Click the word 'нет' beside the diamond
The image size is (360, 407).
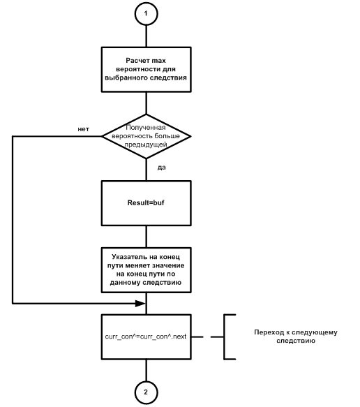click(x=83, y=129)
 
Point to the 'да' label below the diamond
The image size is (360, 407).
click(x=161, y=168)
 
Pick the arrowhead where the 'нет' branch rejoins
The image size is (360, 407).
click(x=140, y=303)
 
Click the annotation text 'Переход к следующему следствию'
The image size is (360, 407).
click(x=296, y=336)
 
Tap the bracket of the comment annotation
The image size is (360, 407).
click(x=225, y=336)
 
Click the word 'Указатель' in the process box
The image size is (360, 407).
click(x=126, y=257)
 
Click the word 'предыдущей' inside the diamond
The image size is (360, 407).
click(x=146, y=145)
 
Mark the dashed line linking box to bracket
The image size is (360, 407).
click(x=207, y=337)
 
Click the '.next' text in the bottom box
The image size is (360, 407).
click(x=179, y=336)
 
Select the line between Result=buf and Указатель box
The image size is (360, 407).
click(x=147, y=237)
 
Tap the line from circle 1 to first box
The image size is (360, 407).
click(x=147, y=36)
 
